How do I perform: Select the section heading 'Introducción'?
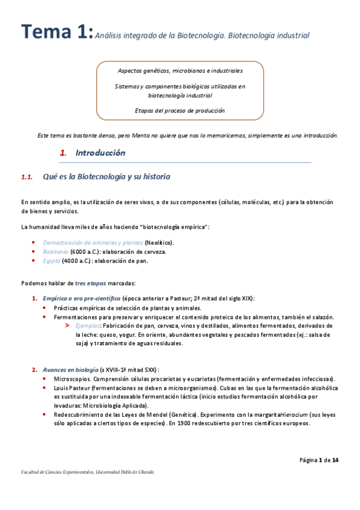(x=100, y=153)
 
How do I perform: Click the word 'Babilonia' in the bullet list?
(x=55, y=251)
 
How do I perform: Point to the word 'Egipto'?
(x=51, y=260)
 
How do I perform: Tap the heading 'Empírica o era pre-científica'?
(x=81, y=298)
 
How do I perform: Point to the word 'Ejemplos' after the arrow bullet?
(x=87, y=325)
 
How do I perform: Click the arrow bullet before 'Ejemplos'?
(x=69, y=325)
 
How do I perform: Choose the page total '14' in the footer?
(x=335, y=460)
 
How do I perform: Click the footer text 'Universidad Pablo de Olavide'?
(x=126, y=472)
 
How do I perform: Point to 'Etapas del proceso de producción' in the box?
(x=180, y=110)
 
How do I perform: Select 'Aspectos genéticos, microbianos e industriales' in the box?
(x=180, y=71)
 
